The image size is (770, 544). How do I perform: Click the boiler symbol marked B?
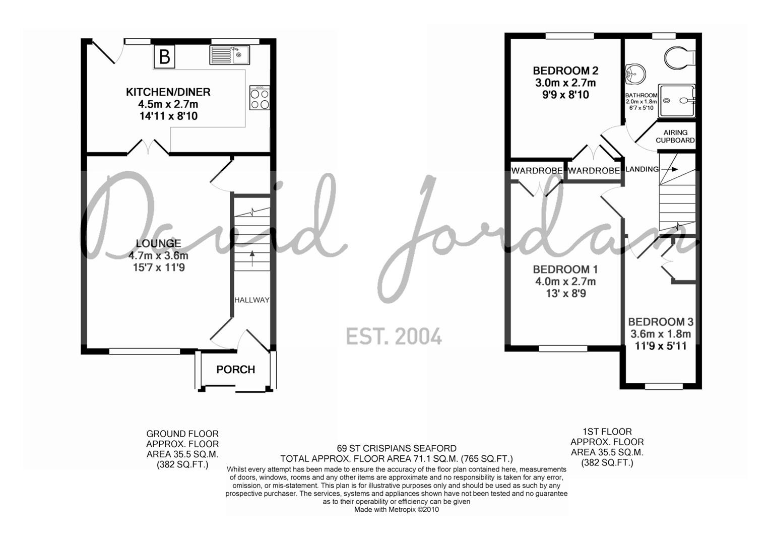click(164, 56)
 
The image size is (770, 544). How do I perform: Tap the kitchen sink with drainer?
click(229, 55)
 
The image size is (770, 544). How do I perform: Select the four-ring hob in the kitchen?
click(260, 98)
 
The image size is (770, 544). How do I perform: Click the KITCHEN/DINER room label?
click(168, 92)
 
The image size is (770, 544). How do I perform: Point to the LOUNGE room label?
click(158, 243)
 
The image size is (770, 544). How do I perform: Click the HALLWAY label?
click(252, 300)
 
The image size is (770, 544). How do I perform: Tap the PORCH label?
click(235, 370)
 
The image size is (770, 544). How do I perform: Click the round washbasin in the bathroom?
click(634, 75)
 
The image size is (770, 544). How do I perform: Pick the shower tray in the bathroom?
click(678, 101)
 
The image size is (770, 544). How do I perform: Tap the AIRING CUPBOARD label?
click(675, 137)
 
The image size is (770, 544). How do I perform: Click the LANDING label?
click(642, 169)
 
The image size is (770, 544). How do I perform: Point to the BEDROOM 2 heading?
click(565, 71)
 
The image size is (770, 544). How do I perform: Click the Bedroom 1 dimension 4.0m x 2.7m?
click(565, 282)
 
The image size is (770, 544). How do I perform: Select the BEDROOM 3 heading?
click(660, 322)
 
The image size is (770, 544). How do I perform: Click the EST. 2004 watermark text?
click(394, 336)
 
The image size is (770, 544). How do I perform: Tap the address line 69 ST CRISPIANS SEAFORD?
click(397, 448)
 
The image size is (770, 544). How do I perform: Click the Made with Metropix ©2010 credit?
click(397, 509)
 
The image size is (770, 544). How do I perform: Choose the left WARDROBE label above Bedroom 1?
click(537, 171)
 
